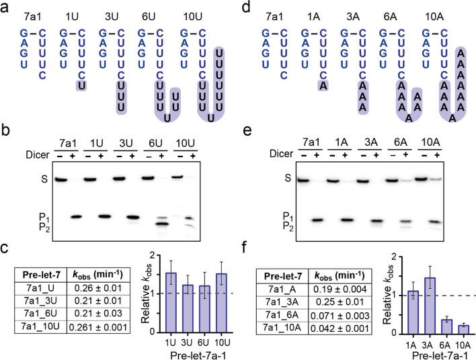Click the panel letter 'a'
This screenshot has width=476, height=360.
point(7,8)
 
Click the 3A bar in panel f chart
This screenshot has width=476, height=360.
point(430,303)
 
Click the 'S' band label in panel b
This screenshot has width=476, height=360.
point(23,180)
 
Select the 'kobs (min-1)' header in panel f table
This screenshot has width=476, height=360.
point(356,275)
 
